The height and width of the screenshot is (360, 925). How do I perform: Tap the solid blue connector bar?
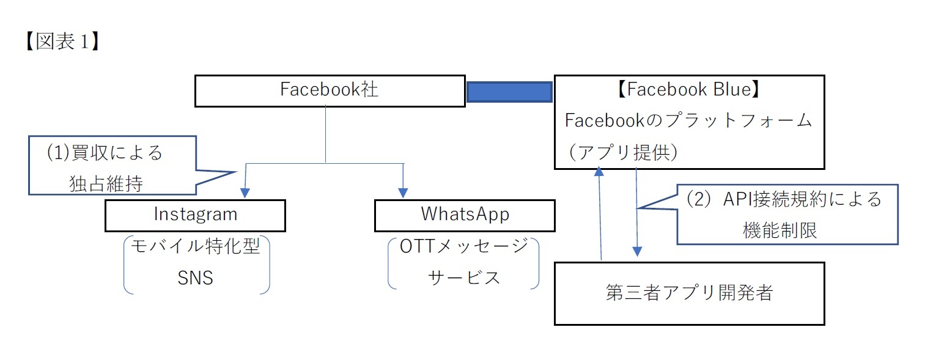tap(509, 92)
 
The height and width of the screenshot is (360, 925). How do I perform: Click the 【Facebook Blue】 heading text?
tap(689, 90)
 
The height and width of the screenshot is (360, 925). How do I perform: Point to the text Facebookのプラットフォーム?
tap(689, 120)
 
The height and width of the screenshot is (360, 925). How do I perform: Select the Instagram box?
tap(195, 215)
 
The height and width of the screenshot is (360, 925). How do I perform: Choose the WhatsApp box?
tap(465, 215)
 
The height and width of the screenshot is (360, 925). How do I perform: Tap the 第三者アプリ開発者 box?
tap(689, 293)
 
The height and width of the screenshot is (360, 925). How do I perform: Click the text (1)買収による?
tap(105, 153)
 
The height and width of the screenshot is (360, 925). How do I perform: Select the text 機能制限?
tap(780, 230)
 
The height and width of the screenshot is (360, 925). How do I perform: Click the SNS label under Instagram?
tap(195, 278)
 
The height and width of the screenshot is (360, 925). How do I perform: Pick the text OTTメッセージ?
tap(463, 247)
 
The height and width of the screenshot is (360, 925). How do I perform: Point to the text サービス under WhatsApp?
tap(463, 277)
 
